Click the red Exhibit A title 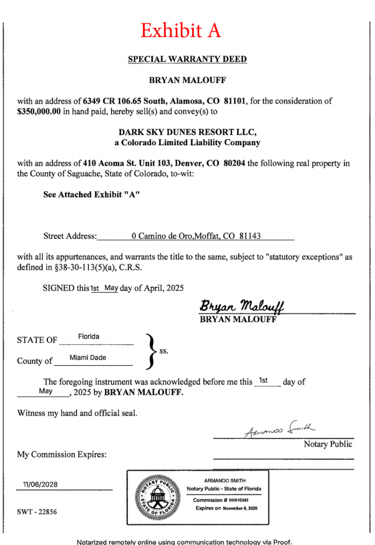point(180,31)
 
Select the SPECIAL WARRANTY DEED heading point(187,59)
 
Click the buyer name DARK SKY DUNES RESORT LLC point(187,132)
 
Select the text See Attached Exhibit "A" point(91,195)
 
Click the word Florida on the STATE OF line point(89,337)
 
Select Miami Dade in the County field point(88,358)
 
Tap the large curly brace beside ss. point(151,351)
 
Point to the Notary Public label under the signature point(328,444)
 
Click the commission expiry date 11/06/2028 point(40,484)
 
